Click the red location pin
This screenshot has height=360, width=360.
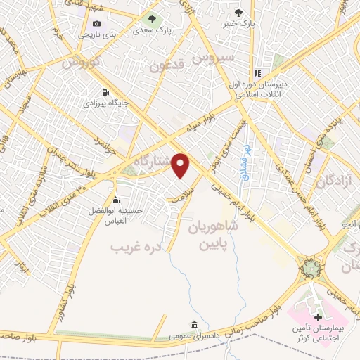(x=181, y=165)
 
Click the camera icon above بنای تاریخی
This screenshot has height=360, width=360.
(x=96, y=23)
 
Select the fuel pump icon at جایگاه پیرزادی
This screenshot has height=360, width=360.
(x=105, y=92)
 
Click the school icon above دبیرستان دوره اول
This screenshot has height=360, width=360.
(x=257, y=72)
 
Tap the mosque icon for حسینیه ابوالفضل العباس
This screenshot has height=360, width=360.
(x=115, y=200)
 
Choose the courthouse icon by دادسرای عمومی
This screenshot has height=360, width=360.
(x=194, y=325)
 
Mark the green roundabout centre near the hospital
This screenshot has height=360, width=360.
(x=309, y=268)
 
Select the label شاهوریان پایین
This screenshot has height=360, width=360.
(x=213, y=238)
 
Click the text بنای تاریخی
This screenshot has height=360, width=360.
(x=98, y=34)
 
